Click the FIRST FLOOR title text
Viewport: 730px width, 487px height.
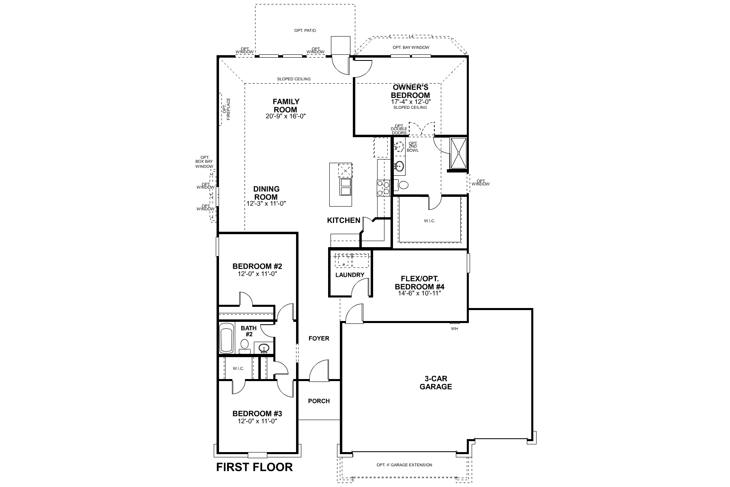(254, 467)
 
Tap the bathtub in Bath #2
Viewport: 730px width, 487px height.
(225, 338)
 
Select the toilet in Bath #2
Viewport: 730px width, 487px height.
(245, 345)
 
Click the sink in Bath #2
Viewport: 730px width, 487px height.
(264, 348)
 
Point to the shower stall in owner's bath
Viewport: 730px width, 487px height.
(458, 153)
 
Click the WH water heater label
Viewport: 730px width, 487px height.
(454, 329)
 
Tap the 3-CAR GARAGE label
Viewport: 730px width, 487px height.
(436, 383)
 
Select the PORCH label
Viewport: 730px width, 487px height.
(319, 401)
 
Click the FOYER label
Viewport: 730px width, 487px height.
(319, 338)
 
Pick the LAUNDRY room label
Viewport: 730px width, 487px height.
(350, 275)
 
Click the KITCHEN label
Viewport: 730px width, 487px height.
(344, 220)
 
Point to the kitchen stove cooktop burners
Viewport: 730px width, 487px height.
(383, 187)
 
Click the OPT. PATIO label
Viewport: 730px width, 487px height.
(305, 30)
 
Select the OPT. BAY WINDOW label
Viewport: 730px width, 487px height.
(411, 47)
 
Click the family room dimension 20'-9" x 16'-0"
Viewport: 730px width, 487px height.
(285, 116)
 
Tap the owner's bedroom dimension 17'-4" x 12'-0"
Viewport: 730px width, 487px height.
(410, 102)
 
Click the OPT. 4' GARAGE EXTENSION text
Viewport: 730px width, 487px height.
(404, 465)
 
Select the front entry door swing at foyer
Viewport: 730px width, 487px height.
(319, 371)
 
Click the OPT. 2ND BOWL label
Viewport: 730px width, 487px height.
(413, 147)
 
